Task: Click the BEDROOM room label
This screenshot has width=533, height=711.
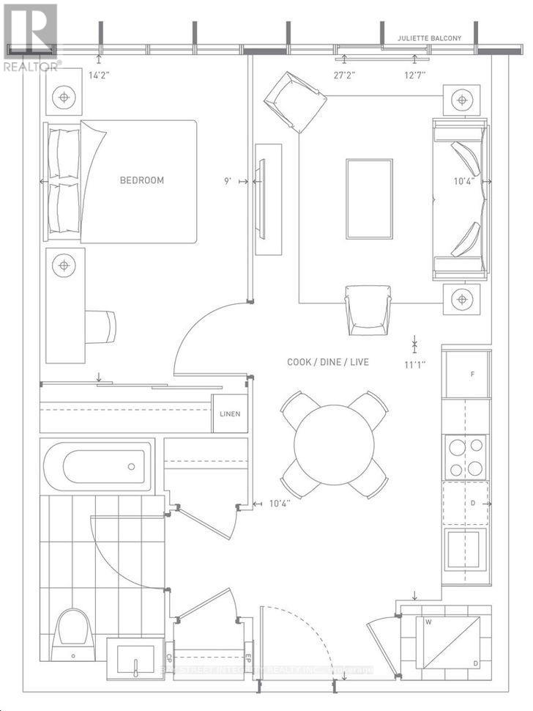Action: [142, 180]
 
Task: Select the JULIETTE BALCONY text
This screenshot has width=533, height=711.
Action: [430, 39]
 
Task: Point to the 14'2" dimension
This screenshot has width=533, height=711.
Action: [100, 73]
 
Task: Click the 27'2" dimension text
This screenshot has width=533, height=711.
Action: [346, 73]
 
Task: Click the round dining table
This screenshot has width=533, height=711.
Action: [334, 444]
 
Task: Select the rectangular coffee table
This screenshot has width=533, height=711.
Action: [369, 198]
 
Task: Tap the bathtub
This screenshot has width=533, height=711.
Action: [97, 465]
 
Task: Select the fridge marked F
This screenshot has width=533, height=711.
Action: [466, 374]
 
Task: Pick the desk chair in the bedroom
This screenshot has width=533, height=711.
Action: [101, 326]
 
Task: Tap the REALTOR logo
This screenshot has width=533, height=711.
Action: [29, 37]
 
